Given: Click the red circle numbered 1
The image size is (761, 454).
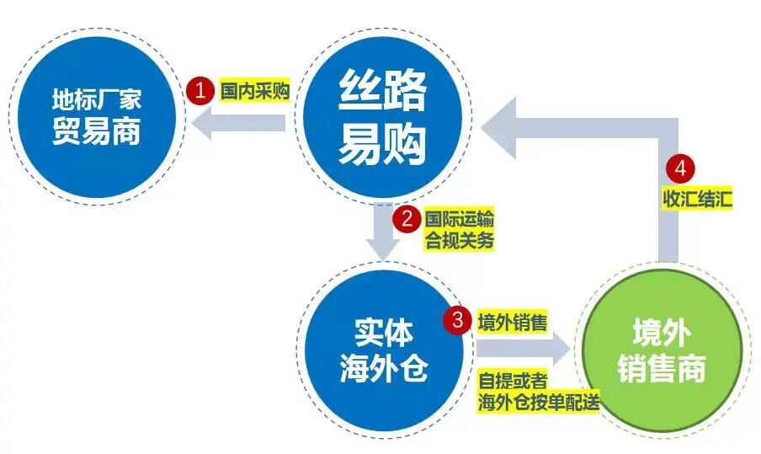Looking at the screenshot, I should (200, 91).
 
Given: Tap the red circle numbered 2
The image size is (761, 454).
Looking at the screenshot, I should (406, 221).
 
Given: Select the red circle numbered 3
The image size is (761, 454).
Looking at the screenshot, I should (457, 321).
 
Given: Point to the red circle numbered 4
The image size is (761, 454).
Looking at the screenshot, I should (680, 168).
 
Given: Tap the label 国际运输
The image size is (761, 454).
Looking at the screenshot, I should (459, 220).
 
